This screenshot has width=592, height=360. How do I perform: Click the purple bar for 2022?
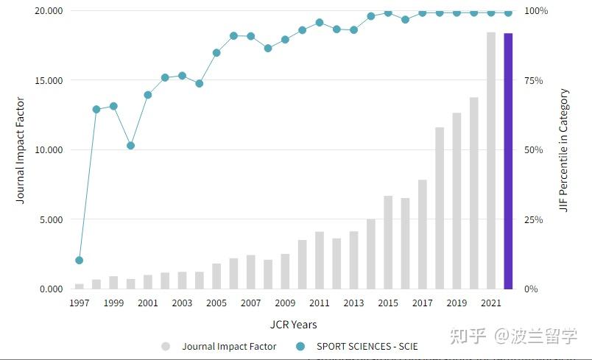508,161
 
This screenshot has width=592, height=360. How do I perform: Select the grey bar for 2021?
491,160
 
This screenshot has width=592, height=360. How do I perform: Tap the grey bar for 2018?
440,208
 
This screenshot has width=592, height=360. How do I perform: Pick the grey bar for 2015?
388,242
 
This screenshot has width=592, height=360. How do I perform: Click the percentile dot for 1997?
79,261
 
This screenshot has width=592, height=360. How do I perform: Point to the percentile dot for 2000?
130,146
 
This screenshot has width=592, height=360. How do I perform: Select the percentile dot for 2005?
216,53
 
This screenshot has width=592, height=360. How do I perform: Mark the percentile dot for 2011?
320,23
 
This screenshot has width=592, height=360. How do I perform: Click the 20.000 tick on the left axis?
48,11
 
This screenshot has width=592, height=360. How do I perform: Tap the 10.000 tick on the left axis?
48,150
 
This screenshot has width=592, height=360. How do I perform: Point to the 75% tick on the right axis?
534,81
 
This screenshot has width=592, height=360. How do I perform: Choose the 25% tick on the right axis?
534,220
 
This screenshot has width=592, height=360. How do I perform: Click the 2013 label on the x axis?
353,303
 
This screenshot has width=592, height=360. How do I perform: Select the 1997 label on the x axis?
79,303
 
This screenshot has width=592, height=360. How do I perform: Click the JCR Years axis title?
293,325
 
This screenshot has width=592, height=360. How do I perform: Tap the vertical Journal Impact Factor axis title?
20,150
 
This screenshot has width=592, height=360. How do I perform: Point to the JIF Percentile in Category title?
564,150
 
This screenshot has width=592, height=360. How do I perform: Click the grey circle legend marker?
166,346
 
